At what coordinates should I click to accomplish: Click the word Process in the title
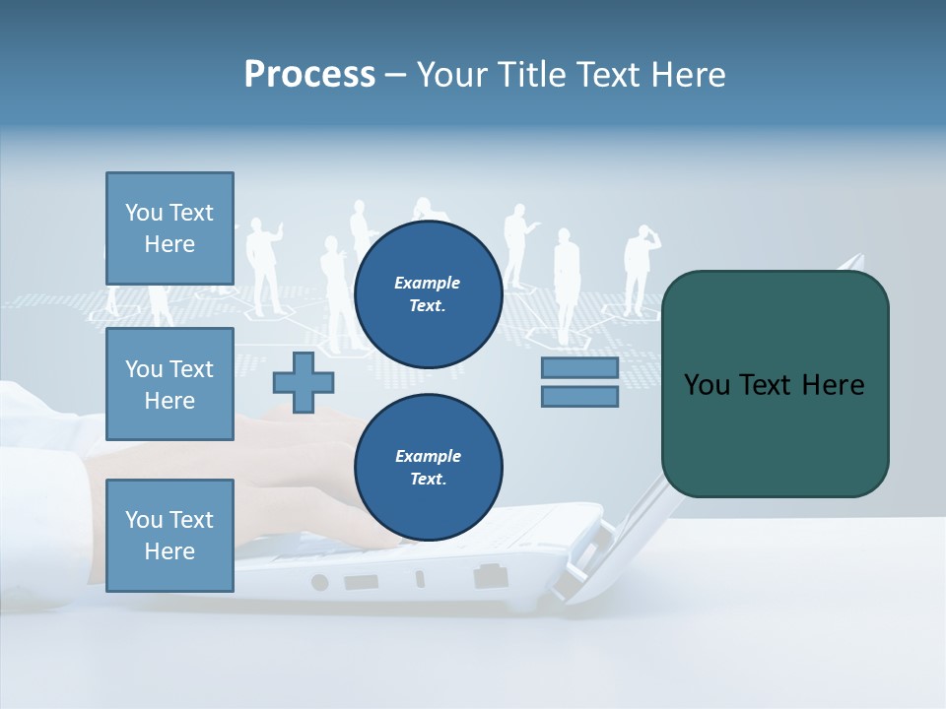pos(309,75)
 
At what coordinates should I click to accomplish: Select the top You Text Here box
pos(169,228)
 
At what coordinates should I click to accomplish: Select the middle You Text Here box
pos(169,384)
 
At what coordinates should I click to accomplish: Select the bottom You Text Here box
pos(169,536)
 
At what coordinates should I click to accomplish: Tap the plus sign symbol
pos(304,382)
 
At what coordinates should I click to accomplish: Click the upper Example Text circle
pos(428,294)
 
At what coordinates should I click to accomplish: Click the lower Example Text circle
pos(428,468)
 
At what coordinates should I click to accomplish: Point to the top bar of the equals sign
pos(579,368)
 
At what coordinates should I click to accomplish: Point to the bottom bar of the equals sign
pos(579,397)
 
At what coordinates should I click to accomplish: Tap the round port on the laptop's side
pos(319,582)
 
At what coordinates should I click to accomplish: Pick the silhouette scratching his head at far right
pos(640,266)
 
